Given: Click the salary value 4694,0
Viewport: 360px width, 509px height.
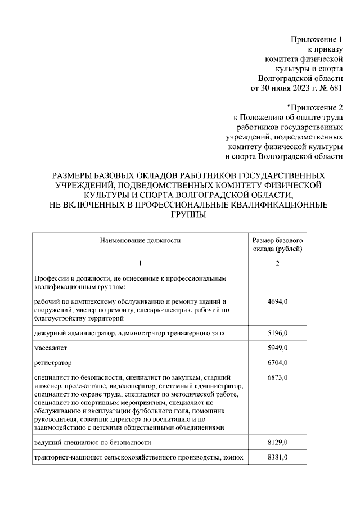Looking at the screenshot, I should click(x=277, y=302).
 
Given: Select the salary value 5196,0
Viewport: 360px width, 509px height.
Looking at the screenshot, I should click(x=277, y=334).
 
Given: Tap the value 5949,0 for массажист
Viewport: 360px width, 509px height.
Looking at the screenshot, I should click(x=277, y=348).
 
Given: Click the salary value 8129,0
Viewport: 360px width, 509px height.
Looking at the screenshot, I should click(x=277, y=443).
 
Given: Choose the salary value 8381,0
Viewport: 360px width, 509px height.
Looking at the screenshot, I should click(x=277, y=458).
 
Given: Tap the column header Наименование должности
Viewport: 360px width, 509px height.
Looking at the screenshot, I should click(x=140, y=240).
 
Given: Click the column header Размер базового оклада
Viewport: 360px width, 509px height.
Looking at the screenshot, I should click(x=277, y=244).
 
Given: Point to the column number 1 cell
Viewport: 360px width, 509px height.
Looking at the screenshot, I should click(x=140, y=264).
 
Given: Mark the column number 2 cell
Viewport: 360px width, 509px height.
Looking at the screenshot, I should click(x=277, y=264).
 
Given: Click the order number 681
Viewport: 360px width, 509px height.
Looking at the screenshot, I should click(x=335, y=88).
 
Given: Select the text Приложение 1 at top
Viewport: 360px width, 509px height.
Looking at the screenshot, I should click(x=316, y=39).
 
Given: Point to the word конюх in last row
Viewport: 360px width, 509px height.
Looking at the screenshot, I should click(x=233, y=458).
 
